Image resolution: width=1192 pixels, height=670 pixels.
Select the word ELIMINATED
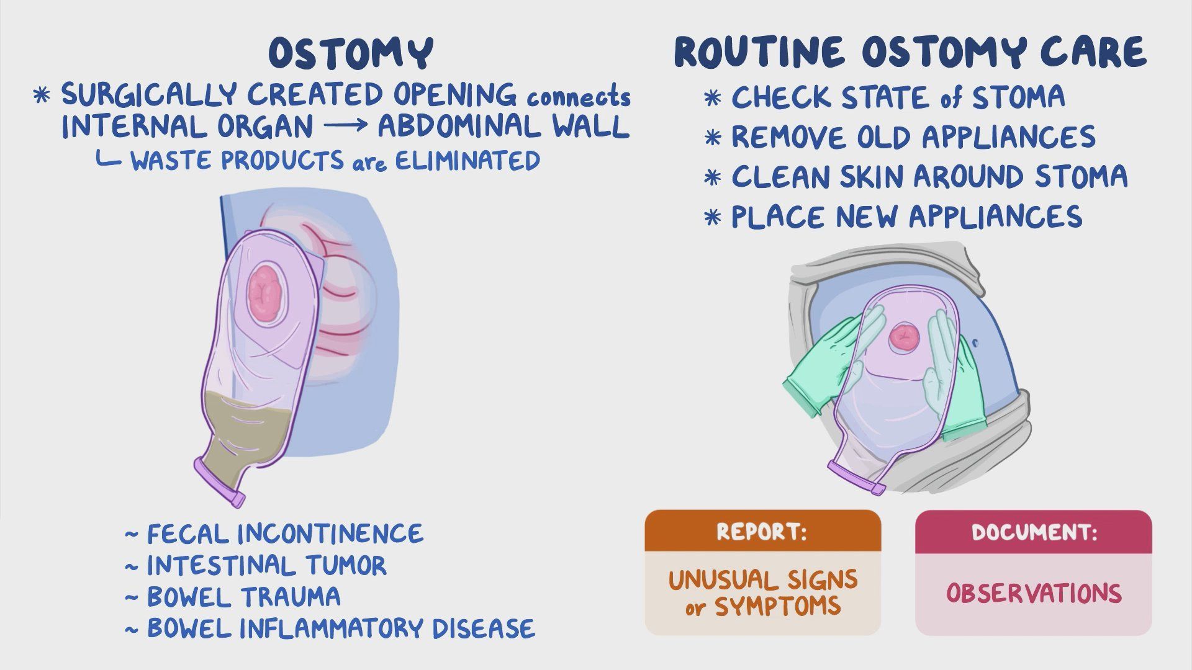[x=467, y=161]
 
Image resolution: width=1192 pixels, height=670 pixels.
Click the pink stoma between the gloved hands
[x=903, y=337]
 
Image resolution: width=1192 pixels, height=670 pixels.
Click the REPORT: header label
[x=762, y=532]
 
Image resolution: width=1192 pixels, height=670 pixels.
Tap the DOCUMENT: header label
[x=1034, y=532]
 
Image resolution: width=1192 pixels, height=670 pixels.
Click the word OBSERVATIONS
[x=1034, y=593]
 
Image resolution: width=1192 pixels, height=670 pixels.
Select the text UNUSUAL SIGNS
[x=762, y=580]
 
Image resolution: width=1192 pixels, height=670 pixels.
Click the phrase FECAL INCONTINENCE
[x=285, y=534]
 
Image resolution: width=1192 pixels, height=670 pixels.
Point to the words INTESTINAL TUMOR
[x=266, y=565]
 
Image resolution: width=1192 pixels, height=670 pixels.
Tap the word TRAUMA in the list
[x=291, y=597]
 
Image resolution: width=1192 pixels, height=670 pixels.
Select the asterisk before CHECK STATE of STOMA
[x=713, y=98]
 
